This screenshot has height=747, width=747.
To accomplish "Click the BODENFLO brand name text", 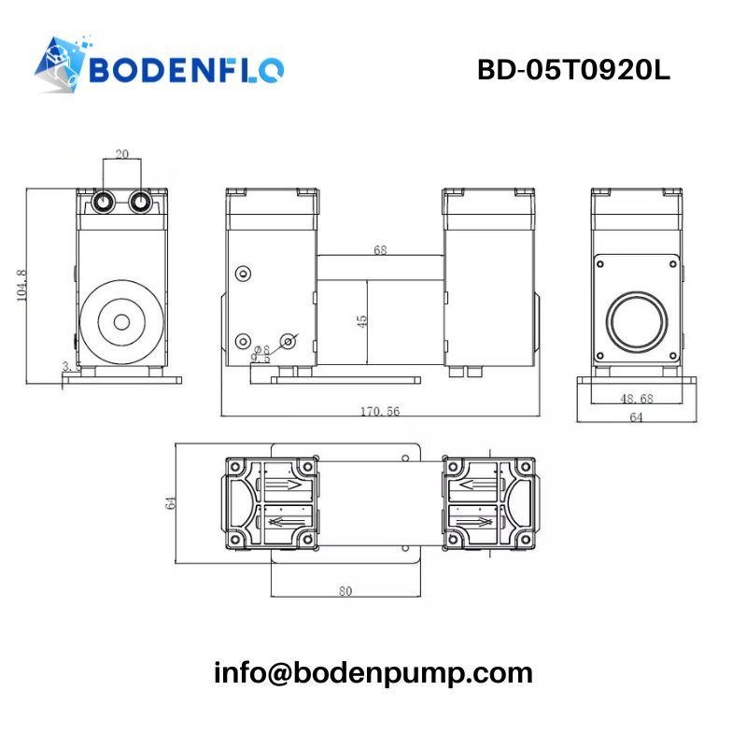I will coord(187,70).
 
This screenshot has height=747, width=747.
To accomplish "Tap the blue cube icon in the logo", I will coord(61,63).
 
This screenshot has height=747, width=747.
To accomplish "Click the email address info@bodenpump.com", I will coord(373,672).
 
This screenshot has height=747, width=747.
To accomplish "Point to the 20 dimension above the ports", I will coord(122,154).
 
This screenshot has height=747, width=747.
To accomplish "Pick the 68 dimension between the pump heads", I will coord(380,250).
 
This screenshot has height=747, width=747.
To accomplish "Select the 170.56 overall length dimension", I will coord(379,411).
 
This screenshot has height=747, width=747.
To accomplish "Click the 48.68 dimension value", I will coord(637,399).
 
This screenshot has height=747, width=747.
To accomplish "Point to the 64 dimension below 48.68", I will coord(637,418).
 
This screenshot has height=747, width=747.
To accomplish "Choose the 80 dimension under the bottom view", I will coord(345,590).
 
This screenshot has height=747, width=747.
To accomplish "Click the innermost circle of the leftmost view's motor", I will coord(121,322).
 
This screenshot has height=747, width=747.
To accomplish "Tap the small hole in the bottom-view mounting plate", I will coord(407,458).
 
